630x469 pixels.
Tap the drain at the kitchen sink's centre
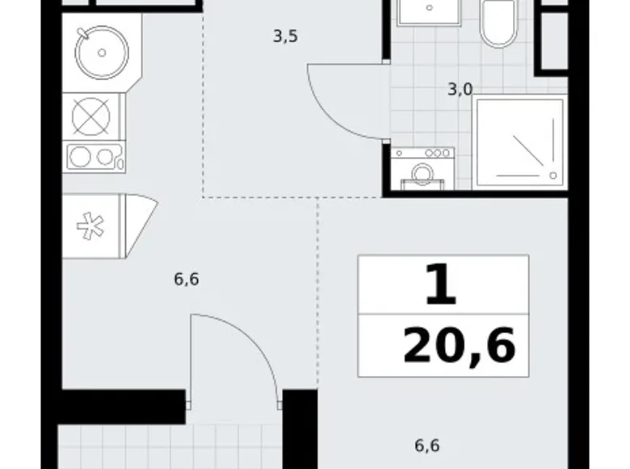102,53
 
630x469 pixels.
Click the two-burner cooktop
94,157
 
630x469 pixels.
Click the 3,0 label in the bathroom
460,89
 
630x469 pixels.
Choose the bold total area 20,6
459,347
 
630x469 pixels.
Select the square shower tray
519,141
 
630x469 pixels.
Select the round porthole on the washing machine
422,172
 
